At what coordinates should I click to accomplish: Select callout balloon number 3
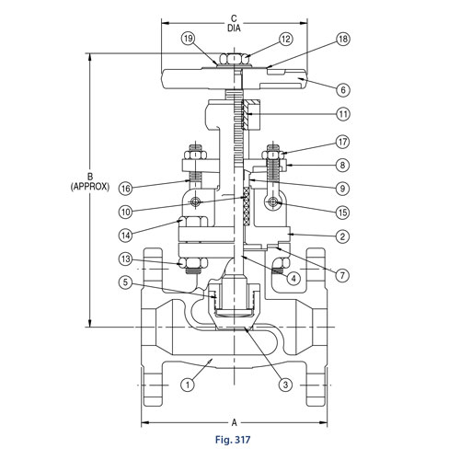[x=286, y=384]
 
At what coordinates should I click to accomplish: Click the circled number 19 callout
[x=189, y=40]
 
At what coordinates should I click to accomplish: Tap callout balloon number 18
[x=343, y=40]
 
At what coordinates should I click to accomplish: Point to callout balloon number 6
[x=343, y=90]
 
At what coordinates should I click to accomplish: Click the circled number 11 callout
[x=343, y=115]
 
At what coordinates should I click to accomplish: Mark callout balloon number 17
[x=343, y=143]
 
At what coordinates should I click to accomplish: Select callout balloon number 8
[x=343, y=166]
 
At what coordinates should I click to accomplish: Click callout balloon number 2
[x=343, y=236]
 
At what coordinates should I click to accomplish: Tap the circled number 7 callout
[x=343, y=275]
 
